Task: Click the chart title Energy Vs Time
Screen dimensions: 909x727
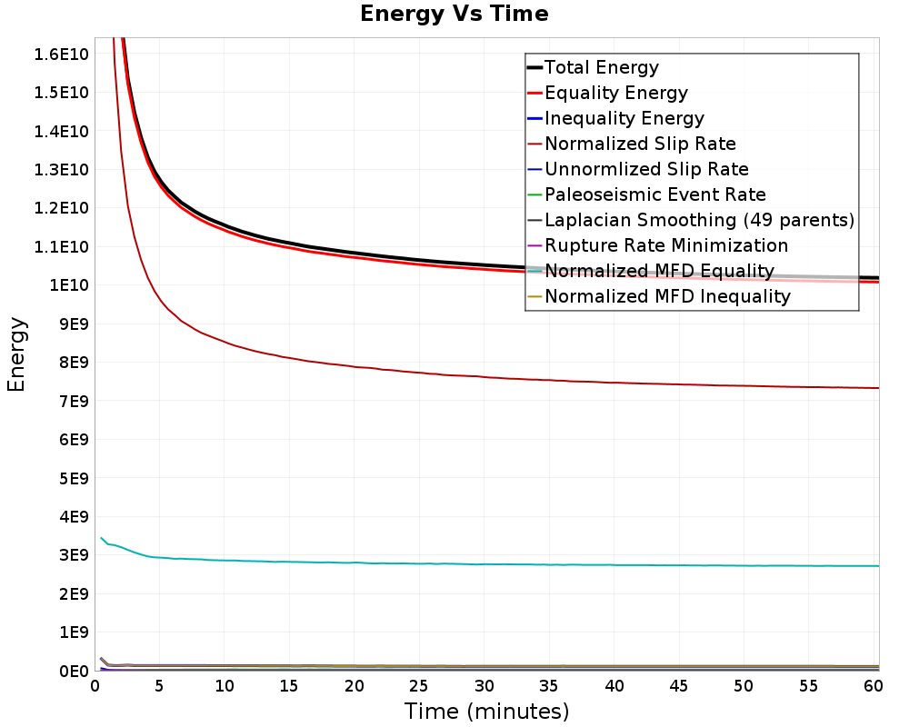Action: pos(454,14)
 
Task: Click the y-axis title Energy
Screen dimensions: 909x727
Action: pos(16,354)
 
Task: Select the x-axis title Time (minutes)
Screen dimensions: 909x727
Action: pos(486,712)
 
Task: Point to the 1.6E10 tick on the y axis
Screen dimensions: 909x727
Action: pos(61,54)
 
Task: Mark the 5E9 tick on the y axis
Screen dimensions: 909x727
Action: pos(74,478)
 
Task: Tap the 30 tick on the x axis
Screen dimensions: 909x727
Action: pos(484,686)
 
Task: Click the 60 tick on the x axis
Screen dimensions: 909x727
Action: pos(873,686)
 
